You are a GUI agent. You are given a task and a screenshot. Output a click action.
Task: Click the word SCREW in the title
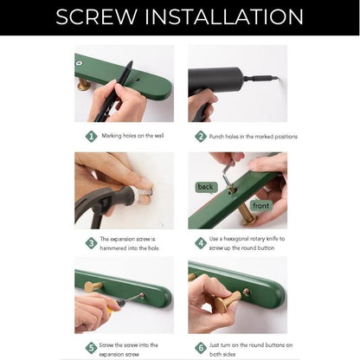(x=97, y=16)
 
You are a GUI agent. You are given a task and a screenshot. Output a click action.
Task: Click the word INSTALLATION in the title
(x=224, y=16)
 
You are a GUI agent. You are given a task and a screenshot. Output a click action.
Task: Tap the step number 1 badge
(x=92, y=136)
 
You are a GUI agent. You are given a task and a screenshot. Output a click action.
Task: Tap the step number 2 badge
(x=201, y=136)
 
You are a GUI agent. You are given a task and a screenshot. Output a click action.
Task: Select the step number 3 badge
(x=92, y=243)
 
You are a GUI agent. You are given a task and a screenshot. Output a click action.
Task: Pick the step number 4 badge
(x=201, y=243)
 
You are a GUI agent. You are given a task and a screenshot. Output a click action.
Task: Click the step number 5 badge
(x=92, y=348)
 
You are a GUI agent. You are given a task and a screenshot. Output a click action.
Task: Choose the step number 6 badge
(x=201, y=348)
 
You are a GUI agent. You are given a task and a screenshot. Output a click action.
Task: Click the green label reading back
(x=205, y=187)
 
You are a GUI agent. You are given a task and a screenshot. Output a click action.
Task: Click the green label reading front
(x=260, y=206)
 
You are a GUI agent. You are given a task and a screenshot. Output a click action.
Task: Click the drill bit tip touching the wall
(x=279, y=78)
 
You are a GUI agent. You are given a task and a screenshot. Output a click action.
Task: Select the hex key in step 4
(x=227, y=174)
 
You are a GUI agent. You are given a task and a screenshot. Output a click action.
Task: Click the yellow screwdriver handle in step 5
(x=111, y=309)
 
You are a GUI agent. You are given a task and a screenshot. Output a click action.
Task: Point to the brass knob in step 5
(x=93, y=286)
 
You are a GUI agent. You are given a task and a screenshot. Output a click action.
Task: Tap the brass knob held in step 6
(x=227, y=302)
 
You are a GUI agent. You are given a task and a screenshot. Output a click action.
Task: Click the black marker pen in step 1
(x=115, y=93)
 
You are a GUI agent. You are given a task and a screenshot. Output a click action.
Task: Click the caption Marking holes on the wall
(x=132, y=136)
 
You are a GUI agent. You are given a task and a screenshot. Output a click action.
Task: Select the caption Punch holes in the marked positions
(x=254, y=137)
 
